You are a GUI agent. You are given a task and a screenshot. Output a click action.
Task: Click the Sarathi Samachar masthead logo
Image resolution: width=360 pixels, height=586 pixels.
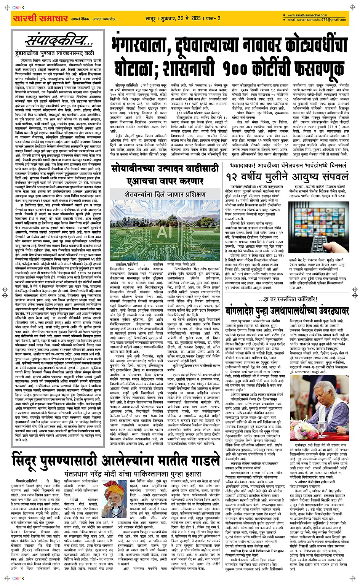pyautogui.click(x=35, y=18)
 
